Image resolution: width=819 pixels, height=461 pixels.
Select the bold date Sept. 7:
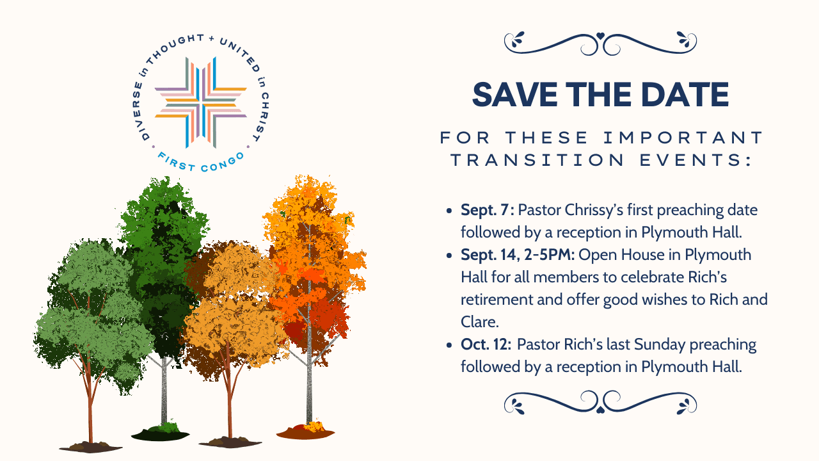click(x=488, y=211)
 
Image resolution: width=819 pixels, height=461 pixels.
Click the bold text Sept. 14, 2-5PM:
click(x=518, y=255)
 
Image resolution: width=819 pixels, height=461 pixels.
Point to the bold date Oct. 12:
click(x=486, y=344)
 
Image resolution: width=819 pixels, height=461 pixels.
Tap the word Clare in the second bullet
click(x=479, y=322)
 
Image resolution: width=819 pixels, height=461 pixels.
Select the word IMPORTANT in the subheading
click(x=683, y=138)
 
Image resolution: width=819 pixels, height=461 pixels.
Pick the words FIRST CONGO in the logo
click(x=201, y=163)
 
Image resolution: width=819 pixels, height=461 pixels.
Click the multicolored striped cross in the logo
click(x=201, y=102)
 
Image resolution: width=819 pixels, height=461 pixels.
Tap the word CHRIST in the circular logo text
click(x=264, y=117)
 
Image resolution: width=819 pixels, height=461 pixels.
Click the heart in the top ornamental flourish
click(x=600, y=36)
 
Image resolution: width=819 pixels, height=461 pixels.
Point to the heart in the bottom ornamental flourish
click(x=600, y=410)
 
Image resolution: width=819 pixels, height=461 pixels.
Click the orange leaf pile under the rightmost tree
click(x=306, y=431)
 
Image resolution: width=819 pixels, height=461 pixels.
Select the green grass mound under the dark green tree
click(x=161, y=432)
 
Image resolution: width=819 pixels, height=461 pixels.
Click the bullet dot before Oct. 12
click(x=449, y=345)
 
